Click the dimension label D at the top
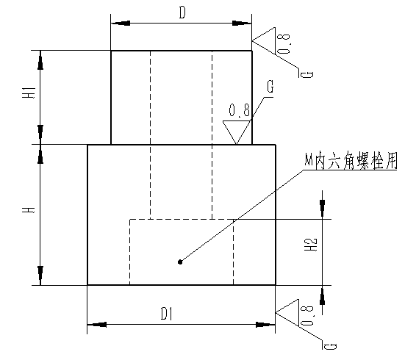tap(182, 12)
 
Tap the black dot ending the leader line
tap(180, 262)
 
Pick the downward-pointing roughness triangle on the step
tap(237, 132)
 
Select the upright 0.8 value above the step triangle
tap(239, 110)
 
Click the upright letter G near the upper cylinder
tap(270, 87)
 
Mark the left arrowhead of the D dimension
tap(121, 23)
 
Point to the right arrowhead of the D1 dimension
tap(265, 325)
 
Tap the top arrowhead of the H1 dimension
tap(40, 60)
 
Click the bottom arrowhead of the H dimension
tap(40, 276)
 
